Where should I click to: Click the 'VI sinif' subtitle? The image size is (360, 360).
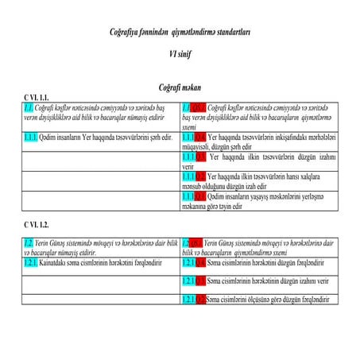coord(180,54)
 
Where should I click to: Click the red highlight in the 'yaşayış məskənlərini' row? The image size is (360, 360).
coord(201,195)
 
